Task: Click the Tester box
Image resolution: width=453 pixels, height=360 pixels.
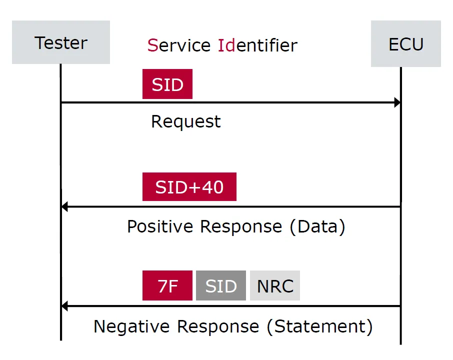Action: pyautogui.click(x=60, y=42)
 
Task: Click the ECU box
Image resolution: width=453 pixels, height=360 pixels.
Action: pyautogui.click(x=405, y=44)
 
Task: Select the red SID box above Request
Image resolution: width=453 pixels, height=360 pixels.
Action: pyautogui.click(x=167, y=84)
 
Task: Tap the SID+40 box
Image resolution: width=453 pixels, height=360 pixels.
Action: pyautogui.click(x=189, y=187)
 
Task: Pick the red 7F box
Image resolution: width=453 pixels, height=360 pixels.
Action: pyautogui.click(x=167, y=286)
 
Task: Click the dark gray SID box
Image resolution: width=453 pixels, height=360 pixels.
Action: pyautogui.click(x=220, y=286)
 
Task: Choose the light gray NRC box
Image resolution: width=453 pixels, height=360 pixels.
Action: pyautogui.click(x=274, y=286)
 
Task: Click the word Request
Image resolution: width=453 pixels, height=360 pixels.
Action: pyautogui.click(x=185, y=121)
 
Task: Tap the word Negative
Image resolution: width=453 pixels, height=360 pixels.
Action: pyautogui.click(x=132, y=326)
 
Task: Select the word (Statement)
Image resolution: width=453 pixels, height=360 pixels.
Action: pyautogui.click(x=319, y=326)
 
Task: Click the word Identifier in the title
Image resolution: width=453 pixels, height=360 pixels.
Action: pyautogui.click(x=257, y=45)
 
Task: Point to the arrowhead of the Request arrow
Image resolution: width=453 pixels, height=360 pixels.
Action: pyautogui.click(x=397, y=103)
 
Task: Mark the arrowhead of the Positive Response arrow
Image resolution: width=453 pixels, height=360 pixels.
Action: pyautogui.click(x=64, y=206)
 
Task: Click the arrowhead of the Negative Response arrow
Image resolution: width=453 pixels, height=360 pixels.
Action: pyautogui.click(x=64, y=306)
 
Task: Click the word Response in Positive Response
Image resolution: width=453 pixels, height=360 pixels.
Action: pyautogui.click(x=241, y=226)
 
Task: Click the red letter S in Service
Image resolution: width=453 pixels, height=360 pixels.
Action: pyautogui.click(x=152, y=45)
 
